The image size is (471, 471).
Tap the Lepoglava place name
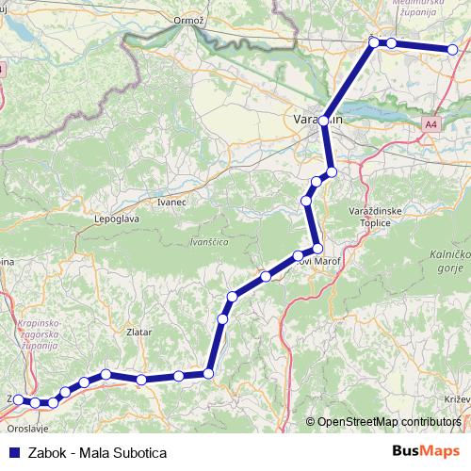[x=111, y=219]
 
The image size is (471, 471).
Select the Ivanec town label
[x=171, y=202]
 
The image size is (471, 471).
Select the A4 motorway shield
[x=430, y=123]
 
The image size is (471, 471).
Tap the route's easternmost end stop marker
[x=453, y=50]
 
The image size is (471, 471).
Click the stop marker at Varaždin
[x=324, y=122]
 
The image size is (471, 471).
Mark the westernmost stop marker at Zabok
[x=18, y=400]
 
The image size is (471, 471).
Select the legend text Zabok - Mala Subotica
[x=97, y=451]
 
